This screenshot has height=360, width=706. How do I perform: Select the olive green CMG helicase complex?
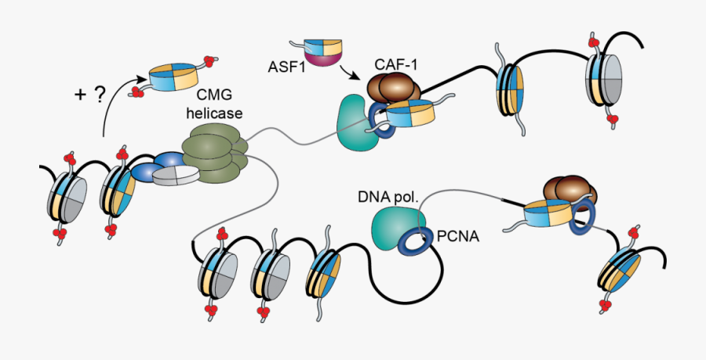coord(213,152)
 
